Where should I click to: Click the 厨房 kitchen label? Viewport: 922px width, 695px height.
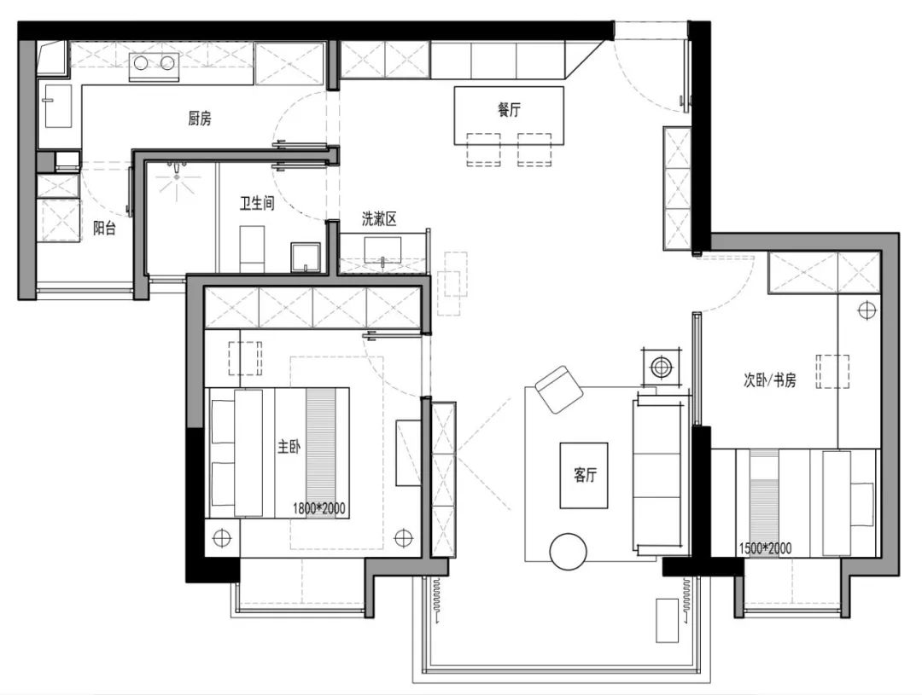point(199,119)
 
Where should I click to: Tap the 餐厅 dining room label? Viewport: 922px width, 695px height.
point(509,109)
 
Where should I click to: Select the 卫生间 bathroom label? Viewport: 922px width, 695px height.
point(257,203)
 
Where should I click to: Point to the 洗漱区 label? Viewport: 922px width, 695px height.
point(379,219)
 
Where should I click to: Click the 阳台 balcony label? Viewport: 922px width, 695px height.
point(105,228)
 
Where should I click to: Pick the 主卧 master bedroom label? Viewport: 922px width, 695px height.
point(289,447)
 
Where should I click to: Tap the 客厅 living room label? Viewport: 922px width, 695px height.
point(585,475)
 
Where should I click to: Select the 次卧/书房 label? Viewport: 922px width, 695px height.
point(770,380)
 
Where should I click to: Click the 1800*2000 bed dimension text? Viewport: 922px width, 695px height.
point(318,508)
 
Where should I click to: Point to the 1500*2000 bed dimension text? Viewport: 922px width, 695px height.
point(765,548)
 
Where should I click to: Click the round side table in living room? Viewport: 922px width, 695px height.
point(568,552)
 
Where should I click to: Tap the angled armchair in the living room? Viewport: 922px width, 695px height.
point(558,389)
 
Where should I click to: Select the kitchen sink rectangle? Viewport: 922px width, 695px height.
point(58,106)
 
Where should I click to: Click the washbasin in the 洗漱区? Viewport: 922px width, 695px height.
point(382,251)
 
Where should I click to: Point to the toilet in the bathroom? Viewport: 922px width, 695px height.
point(253,249)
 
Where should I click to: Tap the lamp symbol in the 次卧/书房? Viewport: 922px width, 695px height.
point(867,310)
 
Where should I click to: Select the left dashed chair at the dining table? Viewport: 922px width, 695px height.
point(483,149)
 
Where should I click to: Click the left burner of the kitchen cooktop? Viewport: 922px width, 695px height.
point(141,62)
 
